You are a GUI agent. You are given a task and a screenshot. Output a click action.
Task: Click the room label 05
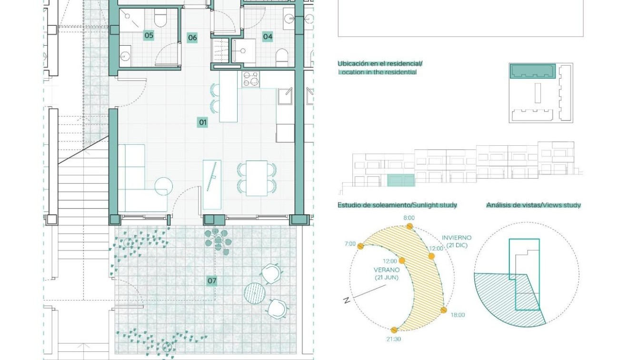(149, 35)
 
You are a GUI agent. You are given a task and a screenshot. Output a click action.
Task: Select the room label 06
(192, 38)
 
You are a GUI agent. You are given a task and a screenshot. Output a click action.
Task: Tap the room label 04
(268, 37)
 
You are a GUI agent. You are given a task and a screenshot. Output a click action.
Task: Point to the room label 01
(202, 122)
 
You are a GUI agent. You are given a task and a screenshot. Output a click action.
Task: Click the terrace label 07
(212, 280)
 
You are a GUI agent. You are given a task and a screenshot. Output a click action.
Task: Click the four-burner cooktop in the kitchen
(250, 79)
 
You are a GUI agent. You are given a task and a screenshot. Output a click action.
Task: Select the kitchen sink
(285, 96)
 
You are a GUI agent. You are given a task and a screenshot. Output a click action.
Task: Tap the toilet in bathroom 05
(160, 19)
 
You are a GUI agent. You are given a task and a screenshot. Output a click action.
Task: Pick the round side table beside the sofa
(163, 186)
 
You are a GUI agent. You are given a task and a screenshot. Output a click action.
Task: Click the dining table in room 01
(257, 178)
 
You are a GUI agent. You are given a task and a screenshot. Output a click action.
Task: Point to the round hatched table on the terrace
(255, 293)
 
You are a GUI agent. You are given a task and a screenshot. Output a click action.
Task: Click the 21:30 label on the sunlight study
(394, 339)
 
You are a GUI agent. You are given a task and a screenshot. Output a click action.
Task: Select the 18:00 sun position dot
(444, 310)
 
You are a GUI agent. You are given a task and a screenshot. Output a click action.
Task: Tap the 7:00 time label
(350, 244)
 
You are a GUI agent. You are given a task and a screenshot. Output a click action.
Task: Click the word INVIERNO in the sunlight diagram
(457, 238)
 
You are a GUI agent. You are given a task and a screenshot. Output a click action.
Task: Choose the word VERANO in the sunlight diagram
(387, 270)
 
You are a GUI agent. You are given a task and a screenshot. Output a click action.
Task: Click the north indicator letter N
(347, 300)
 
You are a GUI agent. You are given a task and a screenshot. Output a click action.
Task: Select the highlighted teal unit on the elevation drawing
(401, 180)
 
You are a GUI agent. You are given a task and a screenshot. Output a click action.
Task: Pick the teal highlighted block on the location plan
(532, 71)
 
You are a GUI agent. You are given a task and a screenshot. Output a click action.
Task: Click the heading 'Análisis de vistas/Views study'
(533, 205)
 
